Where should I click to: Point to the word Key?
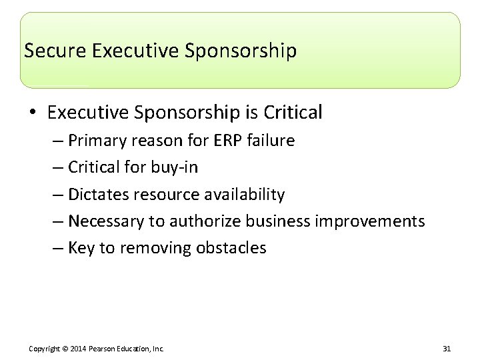click(81, 249)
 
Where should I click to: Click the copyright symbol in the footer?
click(65, 349)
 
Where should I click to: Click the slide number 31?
click(446, 349)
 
